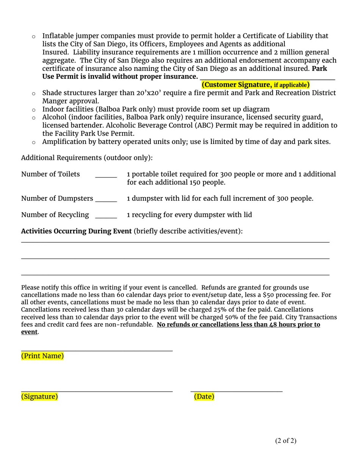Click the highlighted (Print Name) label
[x=42, y=356]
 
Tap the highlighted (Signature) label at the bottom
[x=39, y=396]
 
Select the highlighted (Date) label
[x=204, y=396]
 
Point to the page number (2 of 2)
[x=286, y=441]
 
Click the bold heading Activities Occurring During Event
[x=77, y=231]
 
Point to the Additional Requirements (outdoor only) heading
[x=87, y=158]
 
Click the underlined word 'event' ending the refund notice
[x=29, y=332]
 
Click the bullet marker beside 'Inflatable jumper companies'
[x=33, y=36]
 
